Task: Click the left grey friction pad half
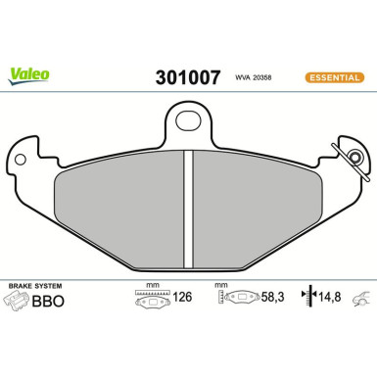coord(118,211)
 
